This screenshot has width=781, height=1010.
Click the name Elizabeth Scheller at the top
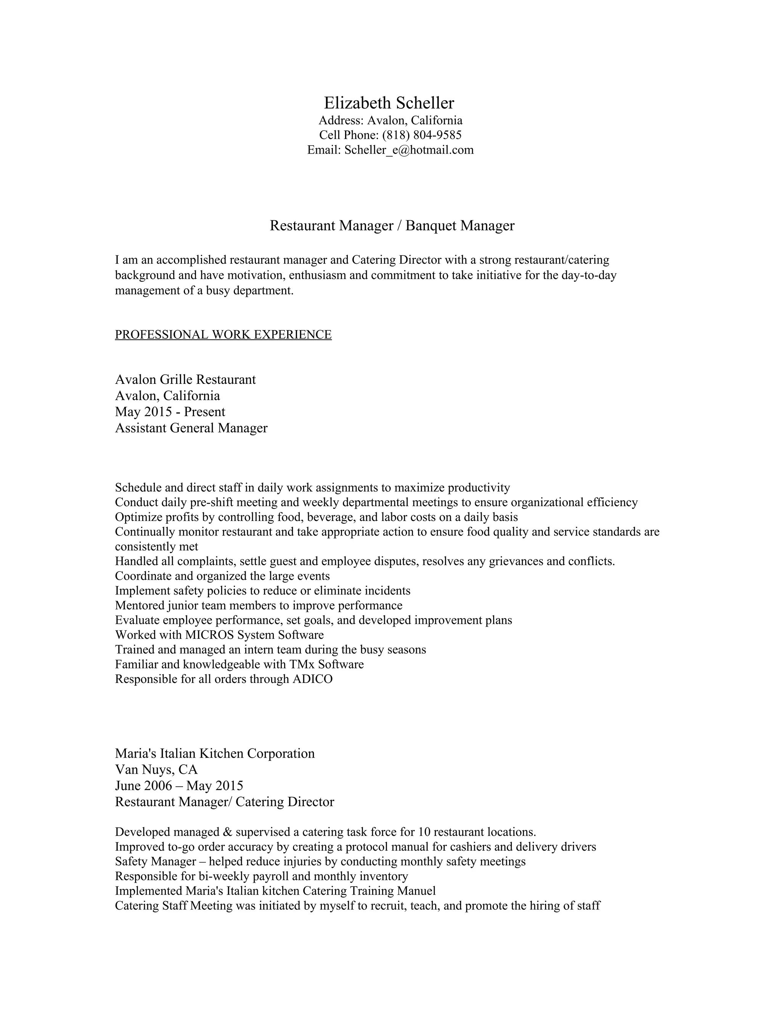click(389, 103)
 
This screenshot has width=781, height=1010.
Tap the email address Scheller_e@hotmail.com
click(409, 150)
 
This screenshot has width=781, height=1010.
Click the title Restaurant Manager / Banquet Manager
click(392, 226)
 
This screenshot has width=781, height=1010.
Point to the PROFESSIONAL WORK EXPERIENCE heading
click(223, 334)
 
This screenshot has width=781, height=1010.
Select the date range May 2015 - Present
click(170, 412)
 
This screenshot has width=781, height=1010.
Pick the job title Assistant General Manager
click(191, 428)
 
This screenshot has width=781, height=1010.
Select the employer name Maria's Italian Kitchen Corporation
click(215, 753)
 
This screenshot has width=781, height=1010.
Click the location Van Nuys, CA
click(156, 770)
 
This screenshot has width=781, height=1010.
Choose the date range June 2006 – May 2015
click(179, 786)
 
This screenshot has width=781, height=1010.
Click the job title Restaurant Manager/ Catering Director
click(224, 802)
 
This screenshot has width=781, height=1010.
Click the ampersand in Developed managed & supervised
click(227, 832)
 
